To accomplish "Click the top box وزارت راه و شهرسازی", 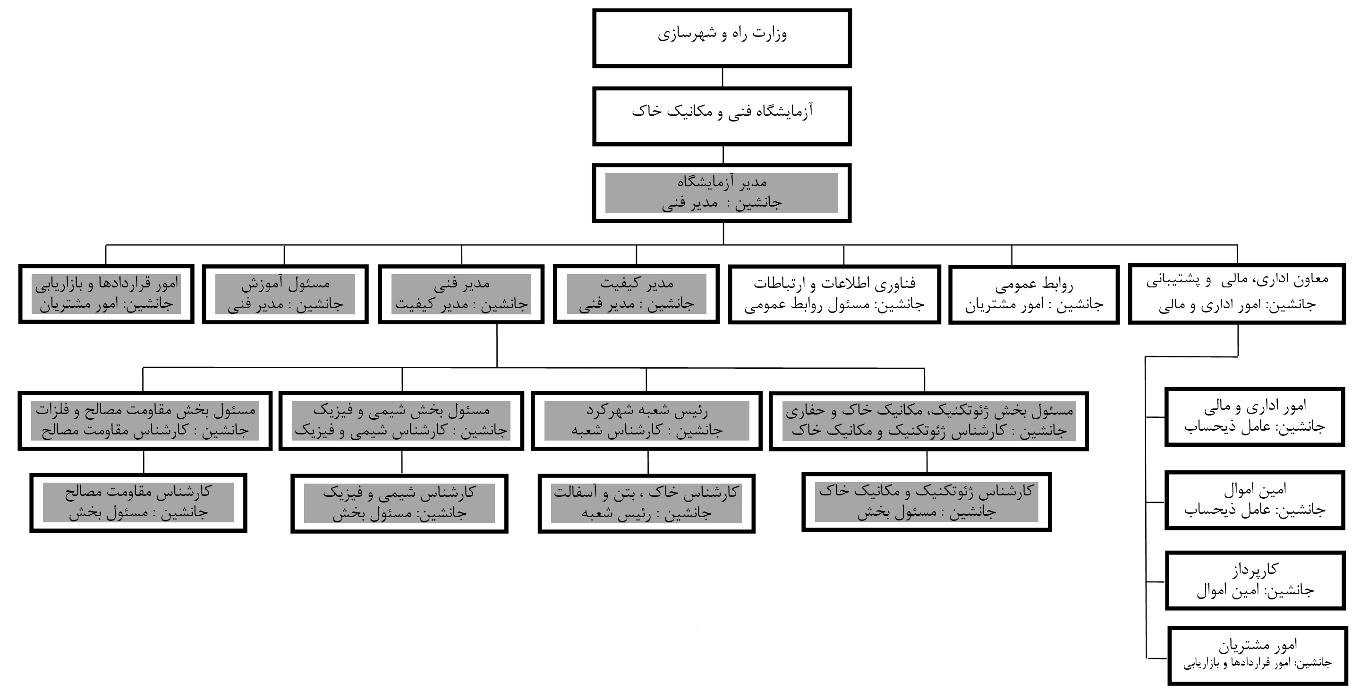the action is pyautogui.click(x=722, y=38).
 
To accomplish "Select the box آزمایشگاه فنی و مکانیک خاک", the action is pyautogui.click(x=722, y=116).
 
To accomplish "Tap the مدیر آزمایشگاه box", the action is pyautogui.click(x=722, y=193).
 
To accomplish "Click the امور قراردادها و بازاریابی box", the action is pyautogui.click(x=106, y=294).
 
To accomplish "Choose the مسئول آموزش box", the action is pyautogui.click(x=285, y=294).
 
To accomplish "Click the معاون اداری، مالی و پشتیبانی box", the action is pyautogui.click(x=1237, y=294).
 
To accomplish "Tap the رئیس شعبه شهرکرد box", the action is pyautogui.click(x=647, y=421).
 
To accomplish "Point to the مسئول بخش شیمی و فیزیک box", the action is pyautogui.click(x=401, y=421).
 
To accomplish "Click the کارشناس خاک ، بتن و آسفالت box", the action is pyautogui.click(x=647, y=503).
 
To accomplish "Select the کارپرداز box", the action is pyautogui.click(x=1255, y=580).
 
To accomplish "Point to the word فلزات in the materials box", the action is pyautogui.click(x=52, y=411).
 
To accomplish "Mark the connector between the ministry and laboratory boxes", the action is pyautogui.click(x=722, y=78).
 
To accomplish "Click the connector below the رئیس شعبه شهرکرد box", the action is pyautogui.click(x=648, y=462).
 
